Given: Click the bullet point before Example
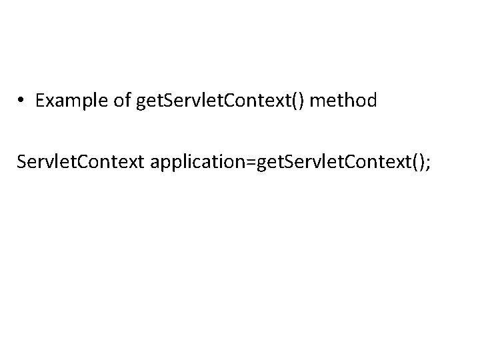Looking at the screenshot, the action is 22,101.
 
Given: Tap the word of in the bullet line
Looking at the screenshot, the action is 121,101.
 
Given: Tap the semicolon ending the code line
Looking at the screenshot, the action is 428,163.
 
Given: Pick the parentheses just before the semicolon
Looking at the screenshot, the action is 418,163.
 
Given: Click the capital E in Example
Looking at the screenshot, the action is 41,101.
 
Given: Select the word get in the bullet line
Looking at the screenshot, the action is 147,101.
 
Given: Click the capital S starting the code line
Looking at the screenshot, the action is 23,163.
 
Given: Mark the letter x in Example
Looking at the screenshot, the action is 50,101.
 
